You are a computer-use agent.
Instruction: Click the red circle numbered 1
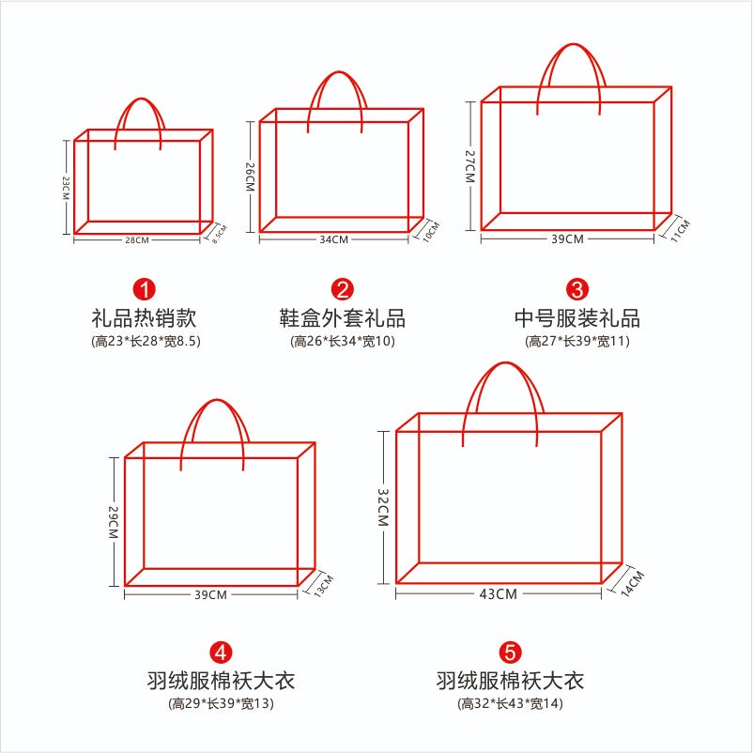(x=144, y=289)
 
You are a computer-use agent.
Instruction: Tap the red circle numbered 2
(x=343, y=289)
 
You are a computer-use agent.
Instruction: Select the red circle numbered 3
(x=577, y=289)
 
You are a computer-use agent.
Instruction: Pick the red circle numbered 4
(x=221, y=653)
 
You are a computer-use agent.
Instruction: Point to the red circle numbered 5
(x=510, y=653)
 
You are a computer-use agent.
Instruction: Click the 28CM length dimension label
(x=137, y=239)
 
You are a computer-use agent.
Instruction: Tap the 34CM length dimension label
(x=333, y=239)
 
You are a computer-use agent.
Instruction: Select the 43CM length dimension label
(x=498, y=594)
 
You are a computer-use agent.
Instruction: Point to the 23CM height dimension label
(x=66, y=188)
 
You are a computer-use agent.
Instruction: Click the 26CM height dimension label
(x=250, y=177)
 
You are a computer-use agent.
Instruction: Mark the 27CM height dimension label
(x=469, y=166)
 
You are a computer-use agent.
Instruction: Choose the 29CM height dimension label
(x=114, y=522)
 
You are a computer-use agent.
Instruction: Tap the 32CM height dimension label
(x=383, y=508)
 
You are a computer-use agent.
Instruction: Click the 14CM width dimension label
(x=632, y=583)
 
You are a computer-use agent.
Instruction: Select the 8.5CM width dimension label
(x=220, y=234)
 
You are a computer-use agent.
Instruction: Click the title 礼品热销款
(x=144, y=318)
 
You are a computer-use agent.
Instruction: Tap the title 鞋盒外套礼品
(x=343, y=318)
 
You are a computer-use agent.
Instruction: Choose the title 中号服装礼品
(x=577, y=318)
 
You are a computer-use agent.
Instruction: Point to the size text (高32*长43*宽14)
(x=510, y=703)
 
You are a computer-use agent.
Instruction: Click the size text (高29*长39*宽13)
(x=221, y=703)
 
